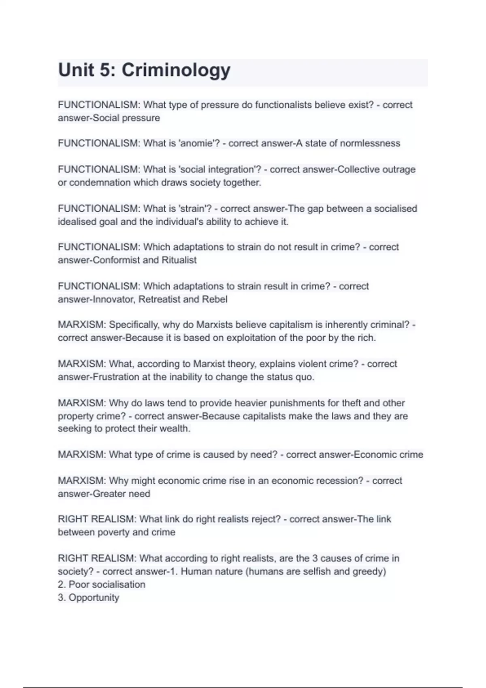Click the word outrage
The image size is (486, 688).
(399, 169)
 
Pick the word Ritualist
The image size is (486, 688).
(179, 260)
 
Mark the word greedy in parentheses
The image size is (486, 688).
(370, 571)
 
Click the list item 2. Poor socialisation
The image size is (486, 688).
(101, 584)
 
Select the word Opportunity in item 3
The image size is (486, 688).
(94, 598)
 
